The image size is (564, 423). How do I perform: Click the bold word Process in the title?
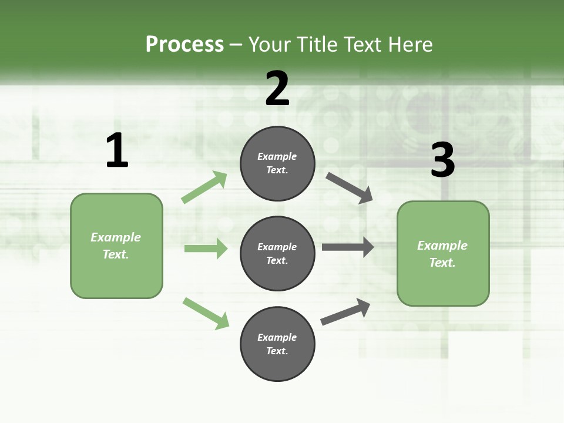184,45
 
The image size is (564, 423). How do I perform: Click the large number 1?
117,151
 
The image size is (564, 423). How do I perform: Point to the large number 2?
277,89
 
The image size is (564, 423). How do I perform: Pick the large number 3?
442,160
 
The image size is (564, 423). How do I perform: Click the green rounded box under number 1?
116,246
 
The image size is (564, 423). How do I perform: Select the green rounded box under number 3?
443,254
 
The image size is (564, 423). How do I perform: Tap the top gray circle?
277,163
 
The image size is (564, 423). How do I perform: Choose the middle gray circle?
277,254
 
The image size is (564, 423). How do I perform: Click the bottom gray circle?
277,344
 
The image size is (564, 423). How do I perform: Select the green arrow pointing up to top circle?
204,187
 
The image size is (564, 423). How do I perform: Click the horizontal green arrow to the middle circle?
206,249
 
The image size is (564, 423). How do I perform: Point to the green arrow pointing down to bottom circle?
206,313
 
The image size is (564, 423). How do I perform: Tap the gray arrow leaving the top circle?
350,188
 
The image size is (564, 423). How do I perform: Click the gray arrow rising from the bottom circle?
345,311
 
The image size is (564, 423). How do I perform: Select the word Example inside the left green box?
116,237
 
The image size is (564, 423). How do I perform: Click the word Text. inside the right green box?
442,263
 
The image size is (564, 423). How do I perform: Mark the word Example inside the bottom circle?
277,337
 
